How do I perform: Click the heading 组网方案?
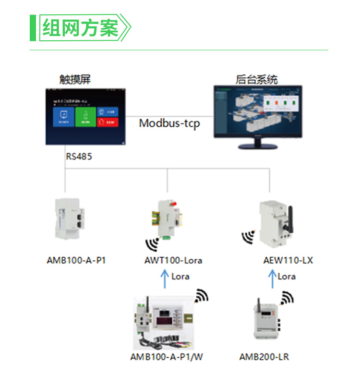(x=80, y=28)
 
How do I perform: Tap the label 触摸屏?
(x=75, y=79)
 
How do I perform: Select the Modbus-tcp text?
(x=169, y=123)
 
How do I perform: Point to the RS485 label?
(x=79, y=157)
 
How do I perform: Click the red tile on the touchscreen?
(x=108, y=122)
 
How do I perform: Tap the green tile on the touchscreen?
(x=85, y=116)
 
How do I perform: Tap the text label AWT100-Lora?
(x=173, y=261)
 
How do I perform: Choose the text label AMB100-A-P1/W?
(x=167, y=357)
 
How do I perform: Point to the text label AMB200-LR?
(x=264, y=357)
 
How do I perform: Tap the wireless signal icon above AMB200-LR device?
(x=287, y=298)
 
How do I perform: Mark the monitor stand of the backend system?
(x=258, y=145)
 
